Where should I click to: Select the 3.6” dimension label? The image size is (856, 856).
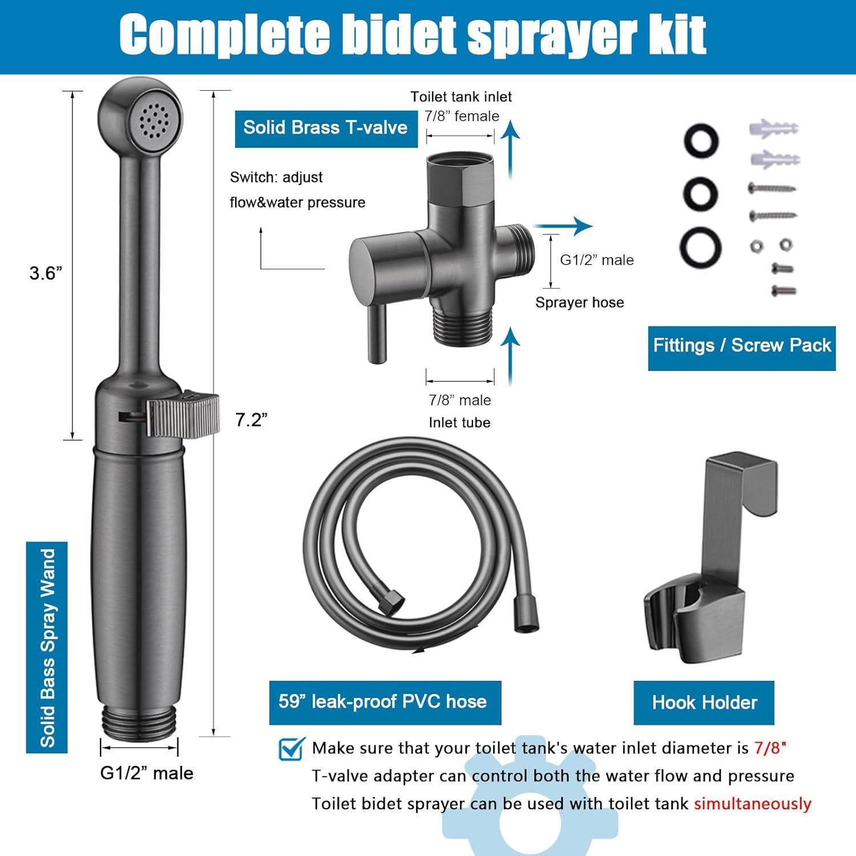click(46, 273)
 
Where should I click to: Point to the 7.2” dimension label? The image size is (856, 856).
click(251, 420)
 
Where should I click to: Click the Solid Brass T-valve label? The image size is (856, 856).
click(325, 127)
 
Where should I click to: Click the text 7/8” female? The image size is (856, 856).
click(462, 116)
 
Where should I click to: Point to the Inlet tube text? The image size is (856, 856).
click(459, 423)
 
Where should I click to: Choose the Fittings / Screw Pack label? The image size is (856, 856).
click(742, 346)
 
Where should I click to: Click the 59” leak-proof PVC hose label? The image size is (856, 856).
click(383, 702)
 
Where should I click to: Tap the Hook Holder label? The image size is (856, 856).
click(704, 702)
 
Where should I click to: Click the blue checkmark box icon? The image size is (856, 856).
click(292, 749)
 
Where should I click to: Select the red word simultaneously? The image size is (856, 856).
click(752, 804)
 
